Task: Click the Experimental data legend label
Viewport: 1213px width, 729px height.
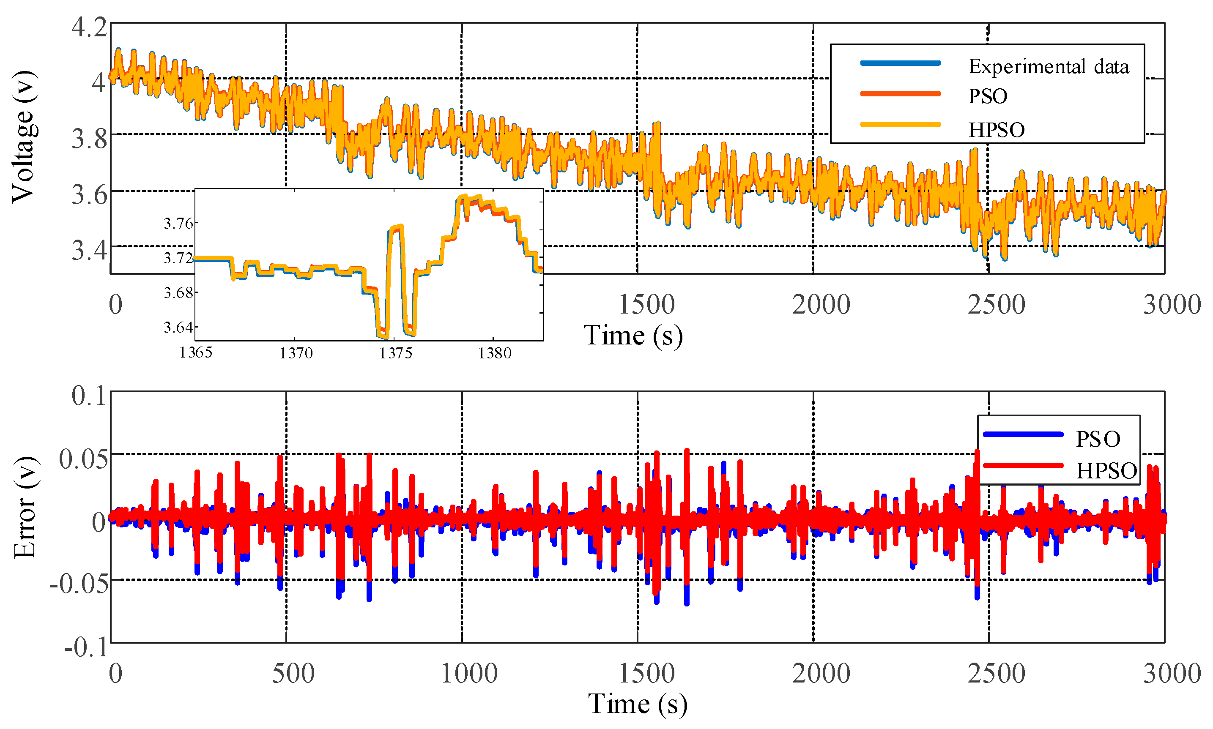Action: point(1048,66)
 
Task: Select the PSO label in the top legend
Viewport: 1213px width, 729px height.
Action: point(988,96)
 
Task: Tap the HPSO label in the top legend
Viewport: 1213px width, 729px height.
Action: point(997,130)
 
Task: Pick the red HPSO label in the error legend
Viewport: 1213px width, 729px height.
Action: point(1106,471)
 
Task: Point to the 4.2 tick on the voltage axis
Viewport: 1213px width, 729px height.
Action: point(89,27)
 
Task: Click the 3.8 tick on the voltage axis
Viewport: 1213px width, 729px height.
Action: point(89,139)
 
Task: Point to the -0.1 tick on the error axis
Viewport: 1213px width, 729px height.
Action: point(86,647)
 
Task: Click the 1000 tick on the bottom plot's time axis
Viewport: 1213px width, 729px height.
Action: point(469,674)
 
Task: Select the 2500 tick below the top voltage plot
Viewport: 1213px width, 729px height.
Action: point(996,305)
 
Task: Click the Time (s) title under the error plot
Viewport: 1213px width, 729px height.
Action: point(637,704)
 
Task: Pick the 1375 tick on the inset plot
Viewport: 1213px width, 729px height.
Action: point(395,353)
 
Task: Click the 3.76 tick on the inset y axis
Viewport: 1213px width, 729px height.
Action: point(178,224)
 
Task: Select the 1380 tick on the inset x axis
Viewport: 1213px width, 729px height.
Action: point(495,353)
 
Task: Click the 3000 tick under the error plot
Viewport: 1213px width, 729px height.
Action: point(1172,674)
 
